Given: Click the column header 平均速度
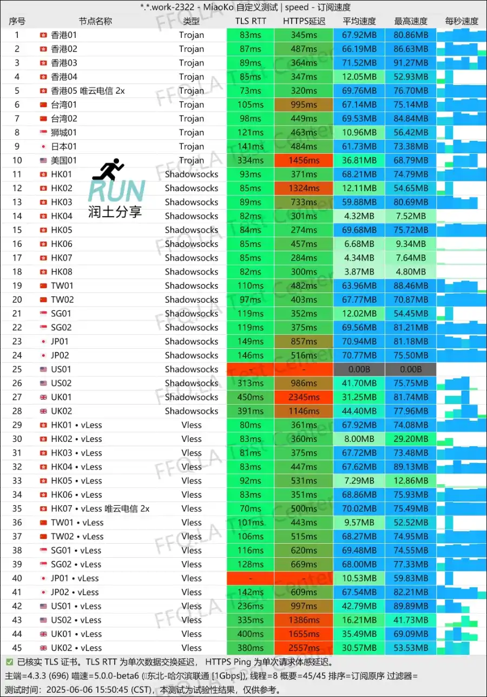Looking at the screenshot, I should [359, 21].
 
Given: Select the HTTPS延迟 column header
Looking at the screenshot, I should [304, 21].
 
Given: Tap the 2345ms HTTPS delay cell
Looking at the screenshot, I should [304, 397].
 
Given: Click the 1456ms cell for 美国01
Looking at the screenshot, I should [304, 160].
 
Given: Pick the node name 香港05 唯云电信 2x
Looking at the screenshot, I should [88, 90].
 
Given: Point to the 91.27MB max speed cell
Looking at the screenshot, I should [411, 63].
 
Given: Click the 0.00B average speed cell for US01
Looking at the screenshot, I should [359, 369].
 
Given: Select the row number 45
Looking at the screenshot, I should [17, 648].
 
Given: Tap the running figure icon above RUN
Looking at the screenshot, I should [108, 170].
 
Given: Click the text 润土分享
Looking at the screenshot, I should [115, 212].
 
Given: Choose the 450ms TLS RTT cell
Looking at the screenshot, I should [250, 397].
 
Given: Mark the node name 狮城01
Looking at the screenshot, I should [64, 132].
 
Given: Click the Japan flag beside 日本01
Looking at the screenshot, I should [43, 146].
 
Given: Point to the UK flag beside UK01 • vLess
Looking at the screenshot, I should [43, 634].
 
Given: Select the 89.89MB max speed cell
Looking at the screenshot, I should [411, 606].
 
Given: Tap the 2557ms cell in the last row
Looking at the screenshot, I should [304, 648].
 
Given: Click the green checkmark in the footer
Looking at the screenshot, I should [10, 662].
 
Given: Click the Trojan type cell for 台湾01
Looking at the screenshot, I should [192, 105].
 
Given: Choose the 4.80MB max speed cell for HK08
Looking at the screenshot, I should [411, 272].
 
